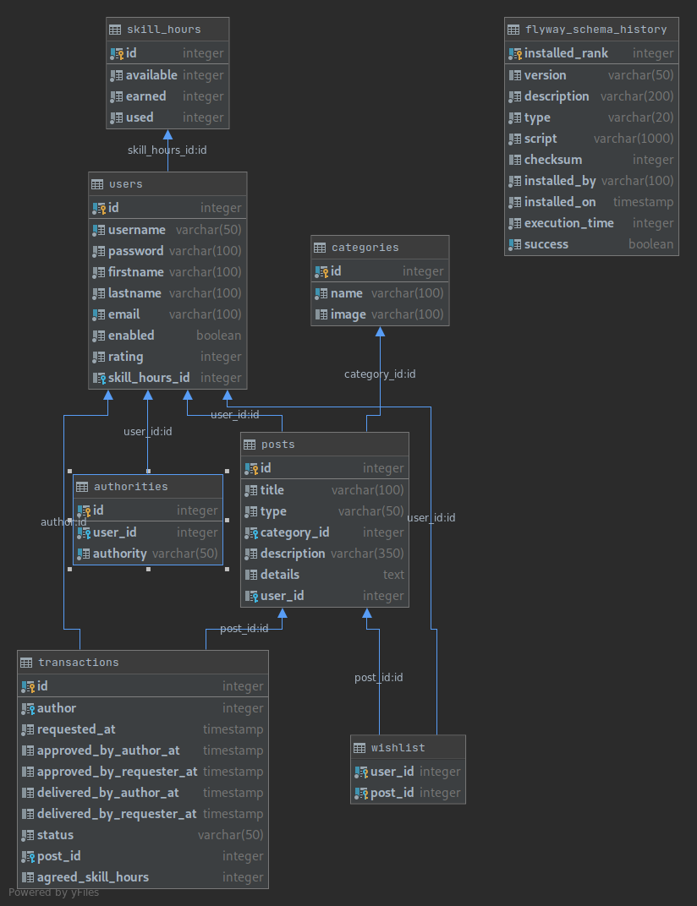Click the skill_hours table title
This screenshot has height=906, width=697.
pyautogui.click(x=164, y=30)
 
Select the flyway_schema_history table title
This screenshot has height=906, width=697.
pyautogui.click(x=595, y=30)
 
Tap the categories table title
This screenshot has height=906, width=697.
pyautogui.click(x=365, y=248)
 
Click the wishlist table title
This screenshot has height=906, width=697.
pyautogui.click(x=398, y=748)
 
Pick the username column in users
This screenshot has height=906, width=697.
pyautogui.click(x=137, y=230)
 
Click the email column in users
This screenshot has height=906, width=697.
pyautogui.click(x=123, y=314)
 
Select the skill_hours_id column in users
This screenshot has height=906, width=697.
pyautogui.click(x=149, y=378)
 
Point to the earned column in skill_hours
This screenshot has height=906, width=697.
pyautogui.click(x=145, y=96)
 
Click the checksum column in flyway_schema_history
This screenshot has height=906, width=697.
pyautogui.click(x=553, y=160)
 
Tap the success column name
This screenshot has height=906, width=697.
pyautogui.click(x=546, y=244)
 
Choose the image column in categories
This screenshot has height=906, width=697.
pyautogui.click(x=348, y=314)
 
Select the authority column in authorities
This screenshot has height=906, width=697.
pyautogui.click(x=120, y=554)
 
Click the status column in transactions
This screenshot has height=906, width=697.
pyautogui.click(x=55, y=835)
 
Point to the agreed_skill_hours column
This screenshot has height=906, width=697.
pyautogui.click(x=93, y=877)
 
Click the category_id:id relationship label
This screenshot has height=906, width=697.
pyautogui.click(x=380, y=374)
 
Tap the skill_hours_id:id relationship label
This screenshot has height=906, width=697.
pyautogui.click(x=167, y=150)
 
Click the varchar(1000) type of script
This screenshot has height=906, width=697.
pyautogui.click(x=634, y=139)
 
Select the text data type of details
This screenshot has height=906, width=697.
pyautogui.click(x=393, y=575)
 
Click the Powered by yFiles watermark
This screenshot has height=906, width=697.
pyautogui.click(x=54, y=892)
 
